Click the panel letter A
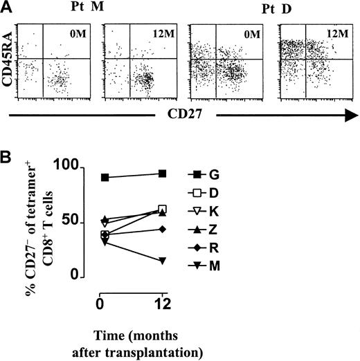pyautogui.click(x=8, y=6)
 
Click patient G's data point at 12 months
pyautogui.click(x=162, y=174)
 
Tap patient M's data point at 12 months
pyautogui.click(x=162, y=260)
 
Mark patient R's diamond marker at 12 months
pyautogui.click(x=162, y=229)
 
